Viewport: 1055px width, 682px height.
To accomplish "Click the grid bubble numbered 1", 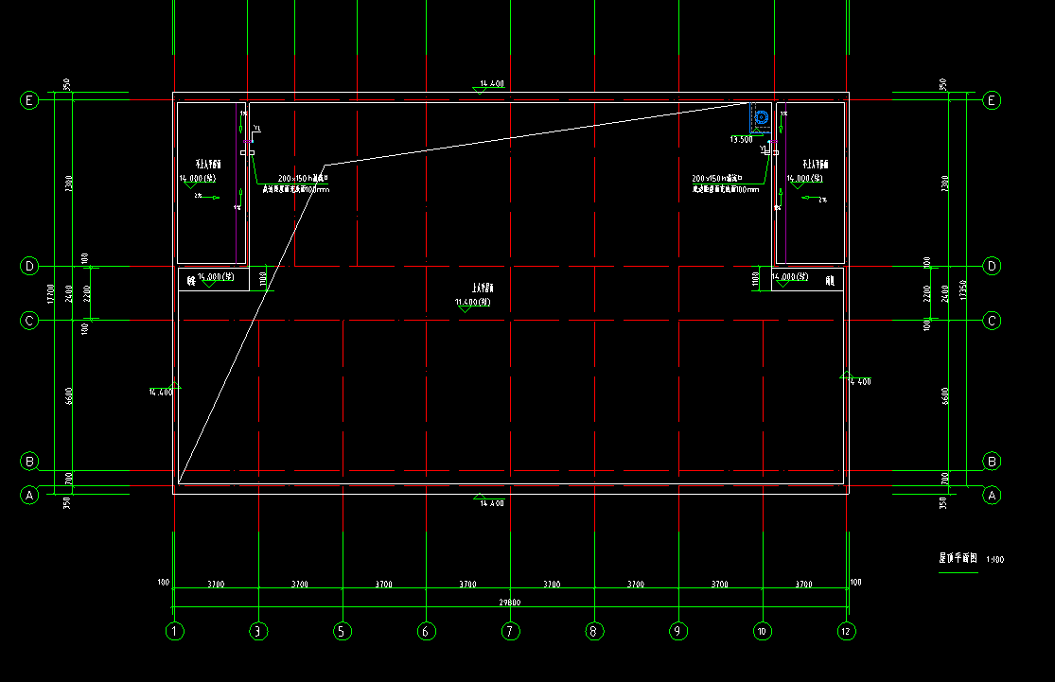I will pos(174,631).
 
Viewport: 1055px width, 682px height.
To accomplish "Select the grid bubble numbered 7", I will pos(510,631).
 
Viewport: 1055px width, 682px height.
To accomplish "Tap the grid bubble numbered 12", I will pos(845,631).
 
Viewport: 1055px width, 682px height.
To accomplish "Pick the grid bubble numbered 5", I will pos(343,631).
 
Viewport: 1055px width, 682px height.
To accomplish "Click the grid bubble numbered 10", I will pos(762,631).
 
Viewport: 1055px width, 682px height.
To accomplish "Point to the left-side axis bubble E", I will pos(29,100).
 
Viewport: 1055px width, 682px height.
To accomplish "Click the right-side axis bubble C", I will pos(993,322).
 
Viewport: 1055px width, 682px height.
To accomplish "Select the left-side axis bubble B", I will pos(29,462).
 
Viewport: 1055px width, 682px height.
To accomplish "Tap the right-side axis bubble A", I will pos(993,495).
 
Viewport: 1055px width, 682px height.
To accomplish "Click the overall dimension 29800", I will pos(509,603).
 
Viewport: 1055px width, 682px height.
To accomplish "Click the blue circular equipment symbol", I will pos(762,118).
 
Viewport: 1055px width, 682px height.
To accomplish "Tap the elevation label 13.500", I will pos(741,139).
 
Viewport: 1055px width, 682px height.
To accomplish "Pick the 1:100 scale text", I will pos(994,560).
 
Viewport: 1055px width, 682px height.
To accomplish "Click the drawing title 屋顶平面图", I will pos(950,559).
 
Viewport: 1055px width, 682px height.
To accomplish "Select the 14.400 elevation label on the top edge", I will pos(491,85).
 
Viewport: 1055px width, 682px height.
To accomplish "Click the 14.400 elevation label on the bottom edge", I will pos(491,503).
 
